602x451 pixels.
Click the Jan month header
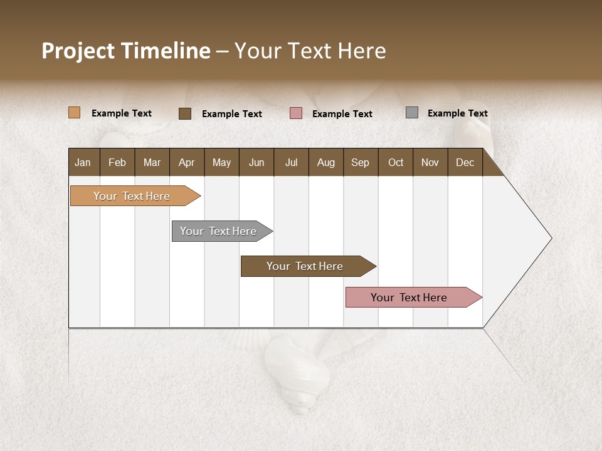[x=83, y=162]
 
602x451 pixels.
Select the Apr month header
[x=186, y=162]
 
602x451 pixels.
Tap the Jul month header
[x=291, y=162]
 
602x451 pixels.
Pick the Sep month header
[x=360, y=162]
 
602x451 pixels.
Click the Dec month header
[x=465, y=162]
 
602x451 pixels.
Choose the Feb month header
[x=117, y=162]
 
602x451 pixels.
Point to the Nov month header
[x=430, y=162]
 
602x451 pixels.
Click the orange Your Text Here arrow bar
[x=132, y=196]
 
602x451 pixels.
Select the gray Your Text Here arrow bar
[x=218, y=231]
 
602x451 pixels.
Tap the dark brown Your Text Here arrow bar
[x=305, y=266]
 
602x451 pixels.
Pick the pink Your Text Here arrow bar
[x=409, y=298]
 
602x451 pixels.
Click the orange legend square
[x=74, y=113]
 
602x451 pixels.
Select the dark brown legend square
[x=185, y=113]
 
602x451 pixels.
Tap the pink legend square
[x=296, y=113]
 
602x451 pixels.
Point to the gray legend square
[x=412, y=113]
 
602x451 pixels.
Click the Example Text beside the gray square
[x=457, y=113]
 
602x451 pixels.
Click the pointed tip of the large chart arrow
[x=550, y=238]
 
